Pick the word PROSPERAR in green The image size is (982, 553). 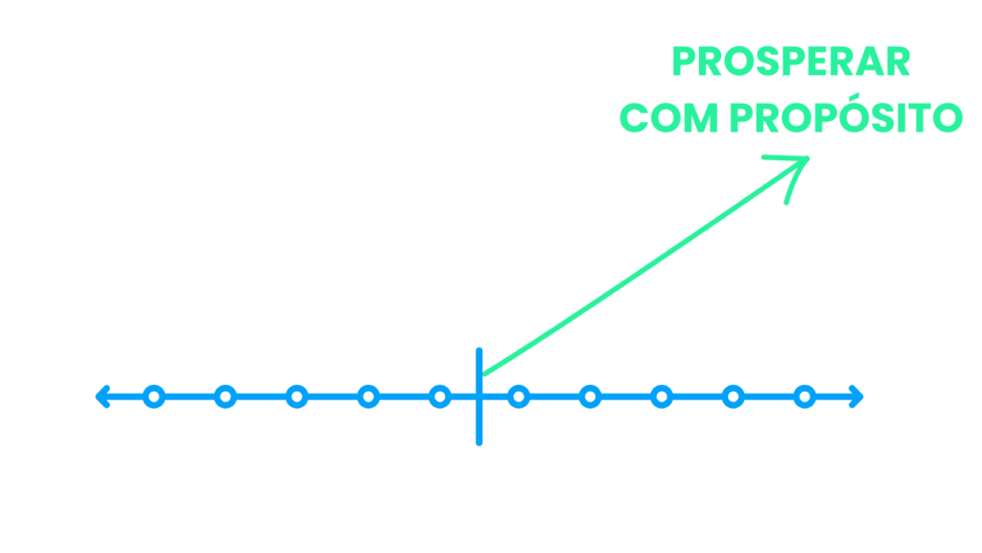790,62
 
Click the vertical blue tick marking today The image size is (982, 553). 478,395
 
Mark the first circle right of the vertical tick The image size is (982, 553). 519,395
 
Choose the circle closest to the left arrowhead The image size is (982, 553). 153,395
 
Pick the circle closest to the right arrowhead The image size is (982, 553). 805,395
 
